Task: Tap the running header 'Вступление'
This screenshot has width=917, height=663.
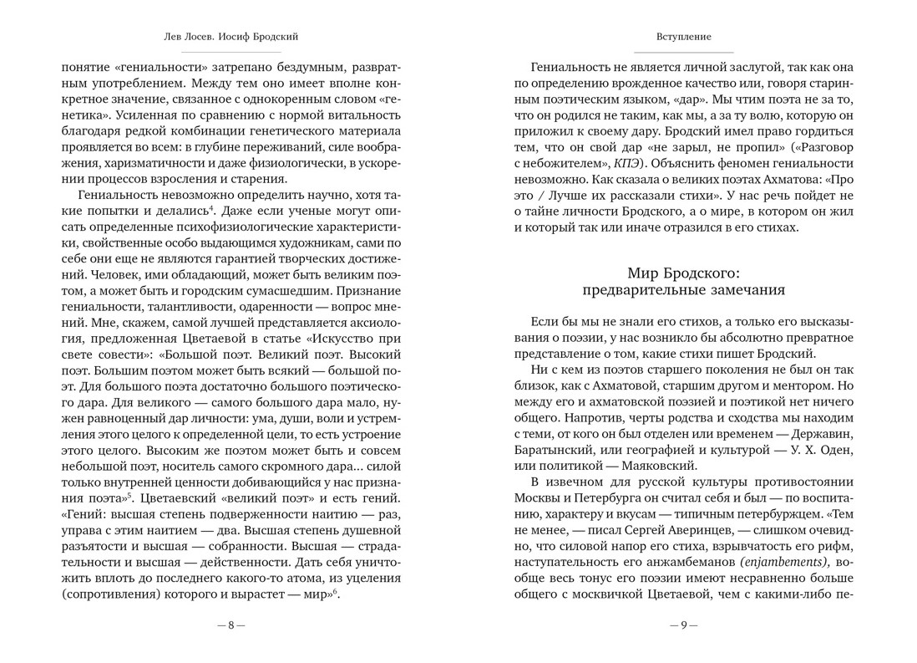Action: pyautogui.click(x=683, y=37)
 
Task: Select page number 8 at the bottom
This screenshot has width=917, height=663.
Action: pyautogui.click(x=231, y=625)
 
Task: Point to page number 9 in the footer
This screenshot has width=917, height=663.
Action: pyautogui.click(x=683, y=625)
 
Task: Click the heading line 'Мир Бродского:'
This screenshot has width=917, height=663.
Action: pyautogui.click(x=683, y=273)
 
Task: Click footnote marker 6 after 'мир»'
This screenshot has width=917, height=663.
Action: pyautogui.click(x=336, y=592)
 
